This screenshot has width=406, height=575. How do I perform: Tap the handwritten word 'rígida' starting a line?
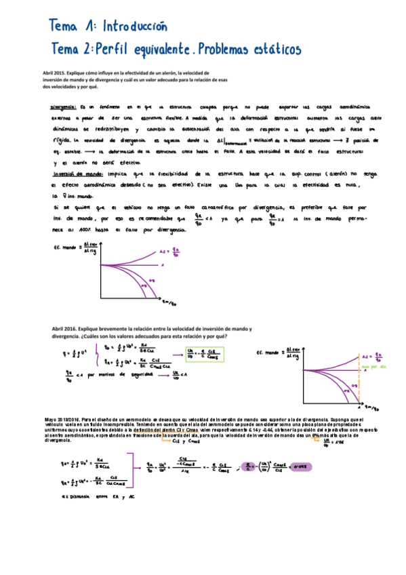[62, 140]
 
